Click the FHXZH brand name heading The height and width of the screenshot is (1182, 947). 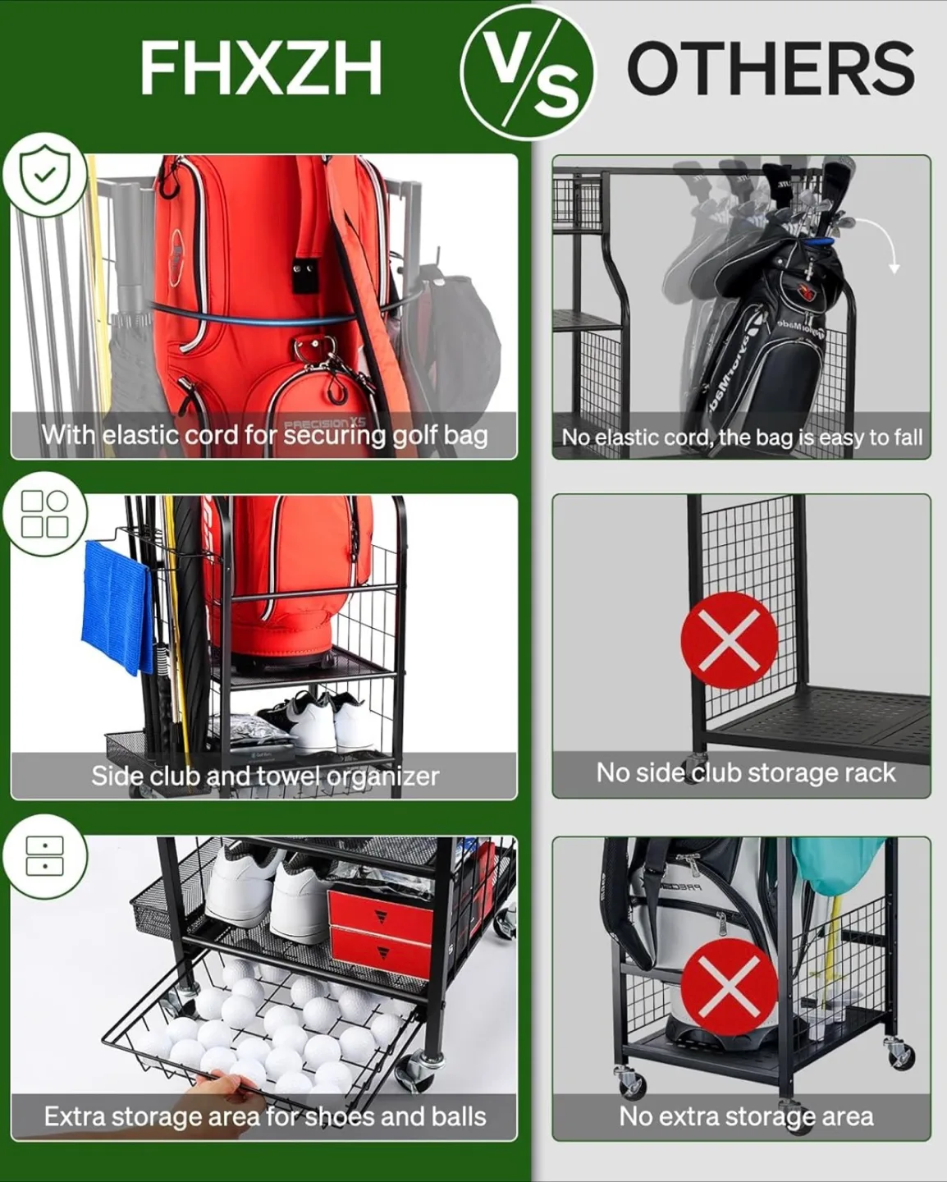tap(260, 69)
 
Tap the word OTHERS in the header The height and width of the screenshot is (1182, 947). tap(770, 69)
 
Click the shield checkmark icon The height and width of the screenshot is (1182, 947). tap(44, 174)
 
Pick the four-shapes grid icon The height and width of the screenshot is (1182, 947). tap(44, 514)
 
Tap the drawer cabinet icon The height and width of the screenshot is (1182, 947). tap(44, 856)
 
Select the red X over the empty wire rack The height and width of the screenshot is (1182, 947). tap(729, 640)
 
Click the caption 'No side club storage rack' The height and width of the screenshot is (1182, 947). tap(745, 772)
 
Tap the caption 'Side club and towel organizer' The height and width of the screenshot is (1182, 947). tap(264, 776)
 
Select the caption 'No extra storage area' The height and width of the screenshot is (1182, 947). tap(745, 1116)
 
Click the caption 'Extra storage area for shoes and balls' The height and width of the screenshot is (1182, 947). tap(264, 1116)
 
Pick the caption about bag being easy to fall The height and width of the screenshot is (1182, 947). tap(742, 437)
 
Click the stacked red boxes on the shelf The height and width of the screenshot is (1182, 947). tap(380, 932)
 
